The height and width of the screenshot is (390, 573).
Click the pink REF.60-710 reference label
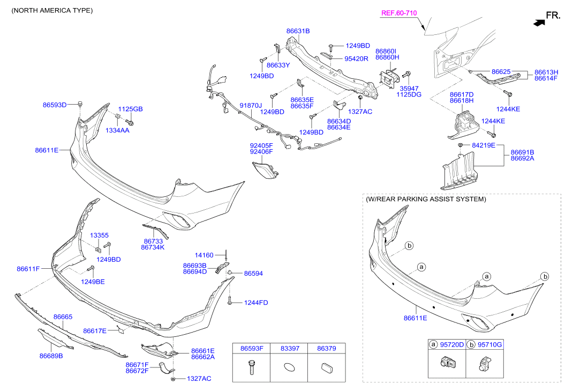click(399, 13)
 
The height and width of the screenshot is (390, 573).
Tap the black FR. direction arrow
click(539, 23)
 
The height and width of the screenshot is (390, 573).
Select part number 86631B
click(298, 31)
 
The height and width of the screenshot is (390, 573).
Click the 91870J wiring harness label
click(251, 106)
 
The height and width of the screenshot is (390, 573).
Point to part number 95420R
click(356, 58)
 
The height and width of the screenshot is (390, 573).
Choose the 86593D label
click(55, 105)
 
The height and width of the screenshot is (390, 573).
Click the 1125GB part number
click(131, 109)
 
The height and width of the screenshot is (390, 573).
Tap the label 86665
click(63, 317)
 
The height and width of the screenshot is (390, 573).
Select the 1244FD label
click(256, 303)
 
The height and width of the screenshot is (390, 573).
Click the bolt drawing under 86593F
click(251, 367)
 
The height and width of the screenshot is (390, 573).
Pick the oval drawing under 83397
click(289, 367)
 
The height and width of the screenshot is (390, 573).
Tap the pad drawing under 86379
click(326, 367)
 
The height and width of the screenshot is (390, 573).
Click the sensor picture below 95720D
click(447, 363)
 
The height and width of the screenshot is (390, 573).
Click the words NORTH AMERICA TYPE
click(52, 11)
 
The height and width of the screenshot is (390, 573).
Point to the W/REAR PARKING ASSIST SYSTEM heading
click(426, 199)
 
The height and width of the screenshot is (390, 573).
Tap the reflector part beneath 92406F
click(265, 169)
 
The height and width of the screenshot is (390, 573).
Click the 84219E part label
click(484, 145)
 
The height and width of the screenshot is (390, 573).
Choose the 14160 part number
click(204, 255)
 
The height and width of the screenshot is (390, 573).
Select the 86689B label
click(51, 356)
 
